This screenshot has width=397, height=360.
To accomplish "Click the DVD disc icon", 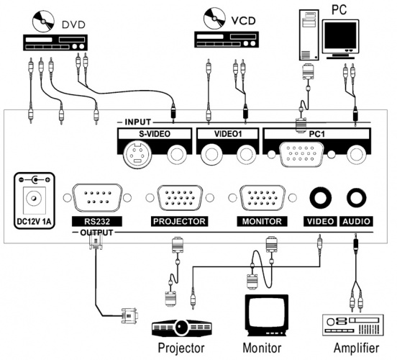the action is (x=43, y=22).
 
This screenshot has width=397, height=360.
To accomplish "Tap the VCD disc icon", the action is (x=214, y=19).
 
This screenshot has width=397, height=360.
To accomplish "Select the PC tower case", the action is (x=309, y=35).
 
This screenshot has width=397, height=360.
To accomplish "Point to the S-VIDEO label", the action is (x=155, y=134).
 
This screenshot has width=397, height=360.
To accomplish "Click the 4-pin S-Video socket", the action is (x=137, y=154).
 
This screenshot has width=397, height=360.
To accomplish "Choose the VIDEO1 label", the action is (x=228, y=134).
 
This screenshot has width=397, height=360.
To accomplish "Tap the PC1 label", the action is (x=316, y=134).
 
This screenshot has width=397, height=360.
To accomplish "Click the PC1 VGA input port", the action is (x=301, y=154).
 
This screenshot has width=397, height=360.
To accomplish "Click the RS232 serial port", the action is (x=97, y=198).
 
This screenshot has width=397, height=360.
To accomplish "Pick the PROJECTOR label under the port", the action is (x=179, y=221).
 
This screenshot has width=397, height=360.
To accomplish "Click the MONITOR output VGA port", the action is (x=263, y=198).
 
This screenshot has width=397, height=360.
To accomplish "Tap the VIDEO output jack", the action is (x=320, y=197).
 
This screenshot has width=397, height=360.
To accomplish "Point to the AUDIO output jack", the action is (x=357, y=197).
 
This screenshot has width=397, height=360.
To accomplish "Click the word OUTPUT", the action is (x=96, y=233).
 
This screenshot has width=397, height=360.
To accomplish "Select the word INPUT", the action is (x=138, y=122).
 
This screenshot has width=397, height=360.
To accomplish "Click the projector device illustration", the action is (x=181, y=328).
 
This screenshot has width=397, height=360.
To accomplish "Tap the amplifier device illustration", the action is (x=353, y=325).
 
